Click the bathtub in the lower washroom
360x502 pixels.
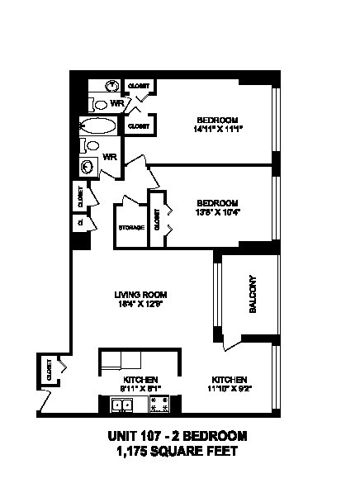98,125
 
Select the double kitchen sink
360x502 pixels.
123,405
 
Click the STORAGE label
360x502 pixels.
130,227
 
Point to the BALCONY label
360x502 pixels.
253,294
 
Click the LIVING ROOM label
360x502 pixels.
141,294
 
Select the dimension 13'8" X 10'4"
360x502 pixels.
217,212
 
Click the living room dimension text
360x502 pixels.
141,304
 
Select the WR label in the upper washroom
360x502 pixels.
117,104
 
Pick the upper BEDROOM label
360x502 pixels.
217,117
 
